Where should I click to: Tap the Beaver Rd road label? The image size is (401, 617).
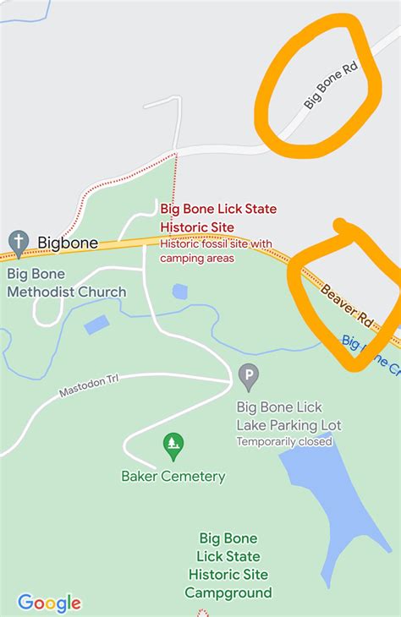[348, 305]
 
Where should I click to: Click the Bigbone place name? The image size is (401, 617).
[68, 243]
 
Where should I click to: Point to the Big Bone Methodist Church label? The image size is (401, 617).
[66, 283]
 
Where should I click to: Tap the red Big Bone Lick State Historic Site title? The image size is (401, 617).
[218, 217]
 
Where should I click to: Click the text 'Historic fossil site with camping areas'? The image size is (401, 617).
[216, 251]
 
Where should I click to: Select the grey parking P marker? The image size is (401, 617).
[249, 376]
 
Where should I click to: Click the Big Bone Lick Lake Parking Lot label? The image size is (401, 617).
[288, 416]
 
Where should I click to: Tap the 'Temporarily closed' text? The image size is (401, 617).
[283, 441]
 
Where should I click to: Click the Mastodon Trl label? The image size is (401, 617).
[89, 386]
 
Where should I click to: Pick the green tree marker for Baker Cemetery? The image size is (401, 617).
[173, 445]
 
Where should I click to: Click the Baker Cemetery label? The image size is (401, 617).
[173, 476]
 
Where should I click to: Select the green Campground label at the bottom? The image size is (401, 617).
[228, 565]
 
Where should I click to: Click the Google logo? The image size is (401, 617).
[49, 603]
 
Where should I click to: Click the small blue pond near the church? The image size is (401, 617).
[96, 325]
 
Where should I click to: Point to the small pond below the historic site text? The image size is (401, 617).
[179, 292]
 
